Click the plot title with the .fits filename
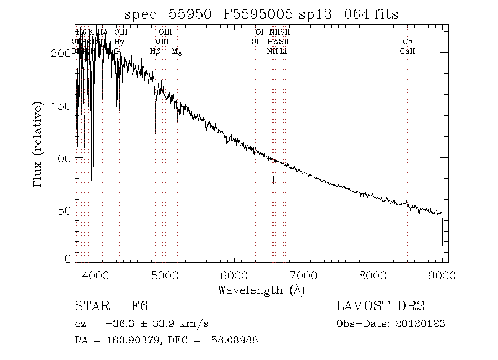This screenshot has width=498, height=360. point(261,14)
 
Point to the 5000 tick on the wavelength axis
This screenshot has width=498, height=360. point(165,275)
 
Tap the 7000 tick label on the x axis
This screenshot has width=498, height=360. point(303,275)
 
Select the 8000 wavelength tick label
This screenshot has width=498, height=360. point(372,275)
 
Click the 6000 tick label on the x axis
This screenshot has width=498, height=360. point(234,275)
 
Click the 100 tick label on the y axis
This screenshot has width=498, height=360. point(64,158)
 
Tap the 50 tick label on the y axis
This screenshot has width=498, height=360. point(66,211)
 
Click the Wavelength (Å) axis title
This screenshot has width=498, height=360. point(261,290)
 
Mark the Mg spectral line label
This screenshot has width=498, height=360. point(177,52)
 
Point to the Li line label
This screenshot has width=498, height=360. point(283,52)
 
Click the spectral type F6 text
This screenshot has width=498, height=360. point(139,306)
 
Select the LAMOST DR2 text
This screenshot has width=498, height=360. point(380,306)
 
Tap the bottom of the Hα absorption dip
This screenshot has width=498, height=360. point(273,182)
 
